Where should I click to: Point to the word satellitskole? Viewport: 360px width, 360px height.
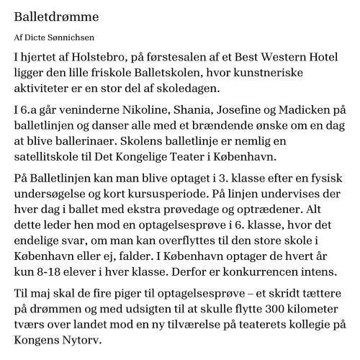(x=50, y=156)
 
